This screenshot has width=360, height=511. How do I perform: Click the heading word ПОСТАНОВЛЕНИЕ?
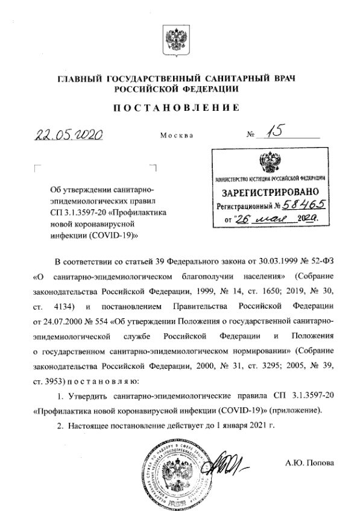(179, 108)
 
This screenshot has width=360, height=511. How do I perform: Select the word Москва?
(177, 135)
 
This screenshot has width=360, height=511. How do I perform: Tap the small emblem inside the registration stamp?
(266, 163)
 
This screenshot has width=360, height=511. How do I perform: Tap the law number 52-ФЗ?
(318, 263)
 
